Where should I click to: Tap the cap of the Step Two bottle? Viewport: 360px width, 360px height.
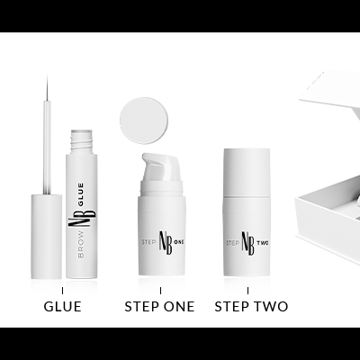[x=248, y=172]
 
